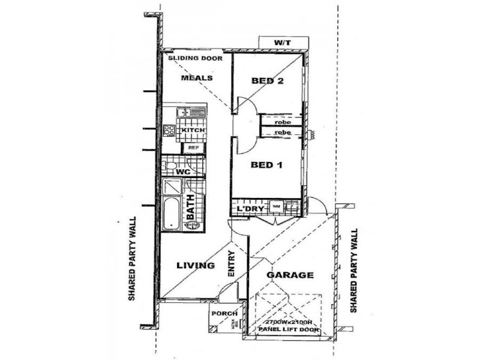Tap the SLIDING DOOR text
pos(195,58)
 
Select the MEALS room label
pos(195,78)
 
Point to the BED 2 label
pos(267,81)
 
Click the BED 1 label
pos(266,164)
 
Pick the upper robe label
pos(283,122)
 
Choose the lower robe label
pos(283,132)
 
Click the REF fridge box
pos(193,147)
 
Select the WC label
pos(184,172)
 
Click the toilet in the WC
pos(170,165)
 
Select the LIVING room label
pos(195,265)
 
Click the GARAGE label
pos(290,275)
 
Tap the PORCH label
pos(225,313)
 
